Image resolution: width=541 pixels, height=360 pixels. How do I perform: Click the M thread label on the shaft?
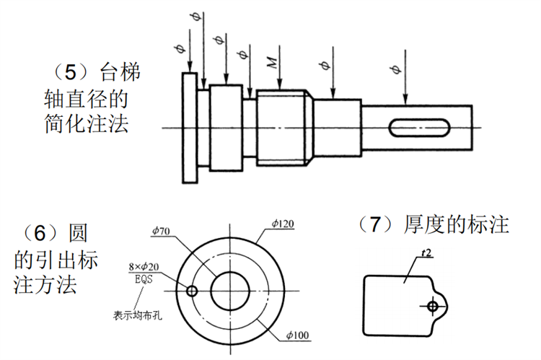pos(273,62)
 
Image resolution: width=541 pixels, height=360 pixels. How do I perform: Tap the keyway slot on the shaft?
pos(420,128)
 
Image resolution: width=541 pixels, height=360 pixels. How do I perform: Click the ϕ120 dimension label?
pos(283,224)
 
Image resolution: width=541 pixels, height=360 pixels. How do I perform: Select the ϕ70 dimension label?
pos(161,231)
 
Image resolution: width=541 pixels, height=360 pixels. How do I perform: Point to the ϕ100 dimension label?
pos(297,335)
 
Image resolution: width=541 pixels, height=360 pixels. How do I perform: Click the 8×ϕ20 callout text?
pos(144,267)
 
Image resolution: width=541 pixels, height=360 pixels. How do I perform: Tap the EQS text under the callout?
pos(144,279)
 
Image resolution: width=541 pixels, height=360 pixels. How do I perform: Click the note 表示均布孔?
pos(138,315)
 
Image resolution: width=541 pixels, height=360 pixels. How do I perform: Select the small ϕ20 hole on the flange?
pos(191,291)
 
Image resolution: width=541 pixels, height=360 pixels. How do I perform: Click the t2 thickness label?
pos(426,253)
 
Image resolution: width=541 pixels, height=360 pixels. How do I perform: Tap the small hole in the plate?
pos(432,306)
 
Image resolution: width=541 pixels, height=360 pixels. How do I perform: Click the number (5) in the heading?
pos(71,72)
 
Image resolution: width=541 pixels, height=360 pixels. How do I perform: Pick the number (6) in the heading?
pos(40,232)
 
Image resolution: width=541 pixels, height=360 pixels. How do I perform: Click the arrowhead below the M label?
pos(279,85)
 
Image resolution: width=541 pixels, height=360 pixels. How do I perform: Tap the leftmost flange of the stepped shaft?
pos(190,128)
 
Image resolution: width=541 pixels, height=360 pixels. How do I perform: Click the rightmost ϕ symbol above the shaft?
pos(397,69)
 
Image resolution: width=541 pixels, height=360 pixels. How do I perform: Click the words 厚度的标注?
pos(457,224)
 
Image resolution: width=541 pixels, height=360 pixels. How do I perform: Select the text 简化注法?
pos(87,123)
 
